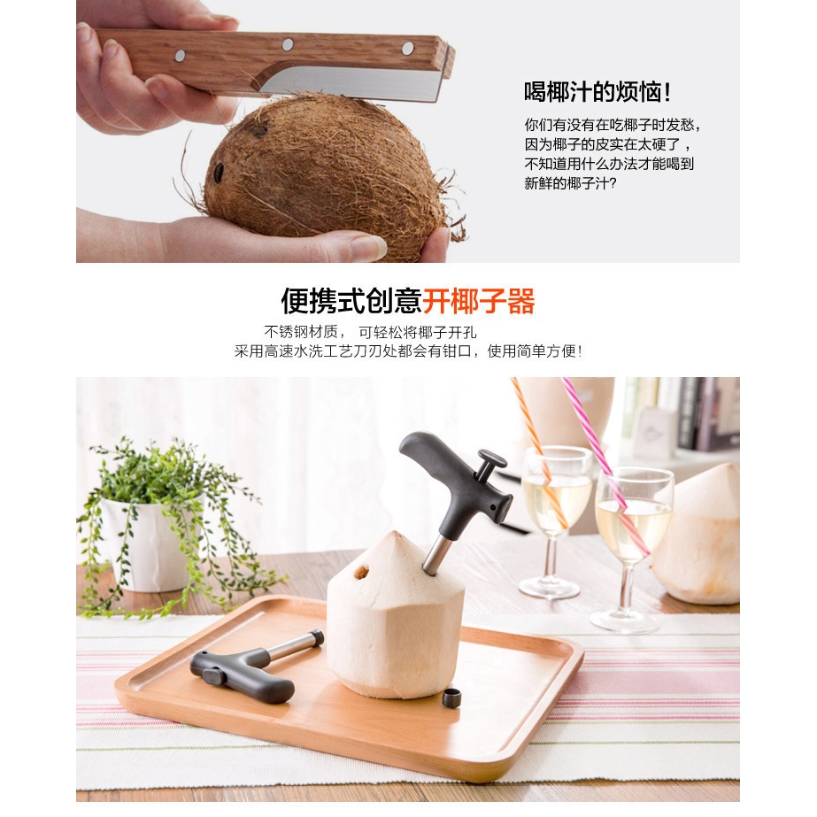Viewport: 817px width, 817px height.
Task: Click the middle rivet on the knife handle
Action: coord(288,43)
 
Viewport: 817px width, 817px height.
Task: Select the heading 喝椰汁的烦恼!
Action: coord(597,92)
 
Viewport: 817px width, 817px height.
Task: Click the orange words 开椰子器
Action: coord(479,302)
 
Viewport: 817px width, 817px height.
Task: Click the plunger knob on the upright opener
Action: coord(489,461)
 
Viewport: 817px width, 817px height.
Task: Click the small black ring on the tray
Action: coord(451,697)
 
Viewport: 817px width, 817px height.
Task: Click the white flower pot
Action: coord(146,544)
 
